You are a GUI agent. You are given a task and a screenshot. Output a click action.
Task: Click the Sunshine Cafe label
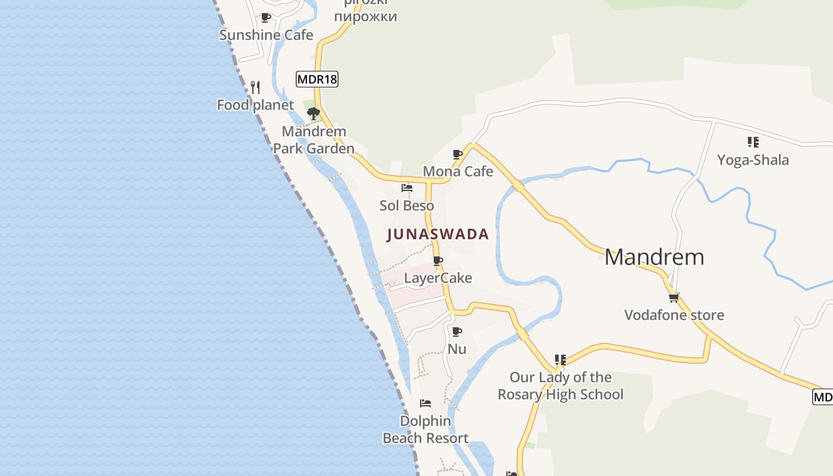coord(266,35)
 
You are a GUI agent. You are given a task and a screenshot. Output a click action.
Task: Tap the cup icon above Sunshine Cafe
coord(266,18)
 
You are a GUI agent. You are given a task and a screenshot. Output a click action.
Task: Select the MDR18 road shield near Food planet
coord(317,79)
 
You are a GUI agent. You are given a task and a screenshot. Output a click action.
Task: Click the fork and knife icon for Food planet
coord(255,87)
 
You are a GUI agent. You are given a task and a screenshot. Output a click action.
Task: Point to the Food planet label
coord(255,105)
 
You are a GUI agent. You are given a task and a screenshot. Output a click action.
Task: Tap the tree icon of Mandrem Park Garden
coord(313,113)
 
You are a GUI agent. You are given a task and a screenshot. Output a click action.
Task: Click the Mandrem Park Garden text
coord(314,140)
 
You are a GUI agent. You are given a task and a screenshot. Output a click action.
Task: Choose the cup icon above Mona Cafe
coord(458,155)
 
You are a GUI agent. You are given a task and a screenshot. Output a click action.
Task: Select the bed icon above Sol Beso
coord(407,188)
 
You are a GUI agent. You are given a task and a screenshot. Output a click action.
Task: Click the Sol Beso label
coord(407,206)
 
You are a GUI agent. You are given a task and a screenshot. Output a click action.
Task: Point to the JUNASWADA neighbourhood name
coord(438,234)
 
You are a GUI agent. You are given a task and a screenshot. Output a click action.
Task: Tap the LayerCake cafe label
coord(438,278)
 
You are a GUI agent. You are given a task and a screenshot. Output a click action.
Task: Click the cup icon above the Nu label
coord(457,331)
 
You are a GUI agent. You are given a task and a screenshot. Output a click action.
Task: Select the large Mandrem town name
coord(654,257)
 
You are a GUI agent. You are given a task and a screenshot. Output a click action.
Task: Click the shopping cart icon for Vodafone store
coord(674,297)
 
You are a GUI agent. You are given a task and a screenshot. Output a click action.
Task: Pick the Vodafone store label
coord(674,315)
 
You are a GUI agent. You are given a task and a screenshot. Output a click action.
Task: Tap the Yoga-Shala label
coord(753,160)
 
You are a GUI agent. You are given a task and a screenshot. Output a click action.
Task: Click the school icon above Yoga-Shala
coord(753,142)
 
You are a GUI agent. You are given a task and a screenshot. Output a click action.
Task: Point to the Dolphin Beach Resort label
coord(425,430)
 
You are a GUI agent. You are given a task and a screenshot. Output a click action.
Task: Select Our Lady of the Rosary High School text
coord(560,386)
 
